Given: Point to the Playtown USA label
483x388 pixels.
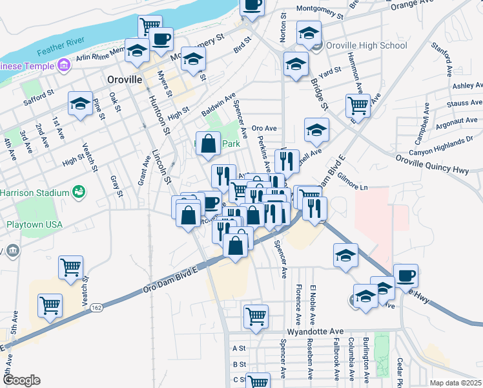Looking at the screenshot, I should (34, 224).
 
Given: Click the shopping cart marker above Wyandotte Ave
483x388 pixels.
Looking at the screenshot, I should (256, 316).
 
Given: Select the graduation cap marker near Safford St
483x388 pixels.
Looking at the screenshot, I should (80, 103).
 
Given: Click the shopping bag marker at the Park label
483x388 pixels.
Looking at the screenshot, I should (208, 144).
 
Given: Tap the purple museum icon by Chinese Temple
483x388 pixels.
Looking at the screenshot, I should (63, 65).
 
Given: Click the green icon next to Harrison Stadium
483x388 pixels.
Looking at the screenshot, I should (78, 192).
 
